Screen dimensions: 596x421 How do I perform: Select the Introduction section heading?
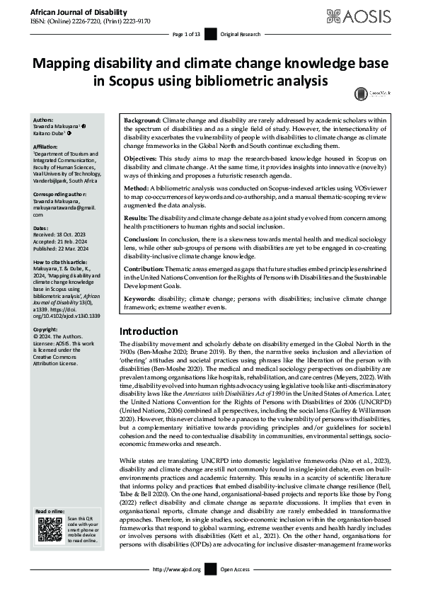(x=149, y=331)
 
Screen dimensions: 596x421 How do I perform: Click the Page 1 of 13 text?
(x=188, y=34)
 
